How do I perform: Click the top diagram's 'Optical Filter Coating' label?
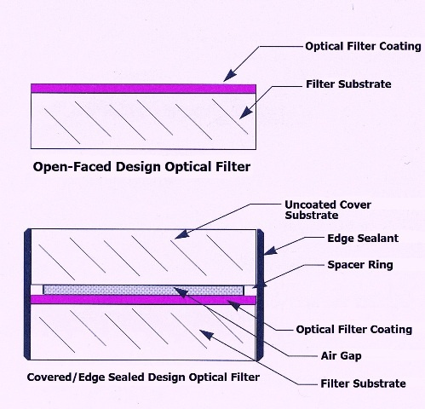coord(363,46)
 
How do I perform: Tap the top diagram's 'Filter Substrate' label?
coord(348,84)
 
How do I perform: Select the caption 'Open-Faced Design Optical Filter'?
coord(141,167)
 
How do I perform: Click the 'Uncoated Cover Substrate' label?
coord(328,210)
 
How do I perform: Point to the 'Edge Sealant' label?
coord(363,239)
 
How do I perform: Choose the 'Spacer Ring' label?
coord(360,265)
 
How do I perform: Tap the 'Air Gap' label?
coord(341,355)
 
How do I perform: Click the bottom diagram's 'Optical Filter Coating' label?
coord(354,330)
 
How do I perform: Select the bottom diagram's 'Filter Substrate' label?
coord(363,383)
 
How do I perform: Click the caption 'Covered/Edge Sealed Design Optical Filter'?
coord(143,377)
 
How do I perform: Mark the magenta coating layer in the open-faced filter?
coord(143,89)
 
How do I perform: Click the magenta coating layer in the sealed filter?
coord(143,300)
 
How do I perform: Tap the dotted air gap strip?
coord(143,290)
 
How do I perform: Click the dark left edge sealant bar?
coord(27,294)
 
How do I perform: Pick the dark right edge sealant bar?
coord(261,295)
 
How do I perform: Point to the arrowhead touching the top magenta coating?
coord(230,75)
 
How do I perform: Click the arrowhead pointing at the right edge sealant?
coord(271,251)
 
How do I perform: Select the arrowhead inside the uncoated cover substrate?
coord(181,234)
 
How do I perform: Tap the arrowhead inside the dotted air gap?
coord(181,292)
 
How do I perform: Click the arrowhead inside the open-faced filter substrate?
coord(245,112)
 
